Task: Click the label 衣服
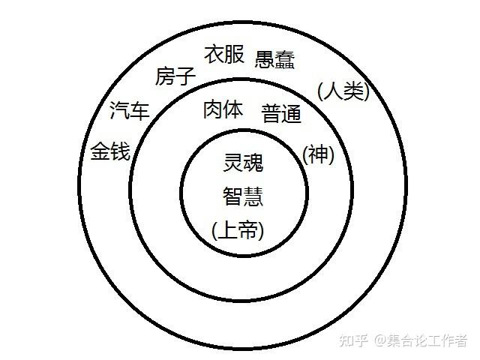(224, 55)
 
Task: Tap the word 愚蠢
(274, 60)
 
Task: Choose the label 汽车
(129, 112)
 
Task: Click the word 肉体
(223, 109)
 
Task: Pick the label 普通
(281, 114)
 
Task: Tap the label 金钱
(110, 152)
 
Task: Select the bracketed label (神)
(318, 154)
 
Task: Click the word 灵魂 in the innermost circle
(244, 162)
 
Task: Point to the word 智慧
(242, 196)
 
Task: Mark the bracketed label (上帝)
(238, 230)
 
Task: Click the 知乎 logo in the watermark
(352, 341)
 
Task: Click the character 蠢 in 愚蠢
(285, 60)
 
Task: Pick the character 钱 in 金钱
(120, 152)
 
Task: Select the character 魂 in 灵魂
(254, 162)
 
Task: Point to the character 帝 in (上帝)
(250, 230)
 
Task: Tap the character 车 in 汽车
(139, 112)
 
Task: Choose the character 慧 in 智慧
(253, 196)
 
